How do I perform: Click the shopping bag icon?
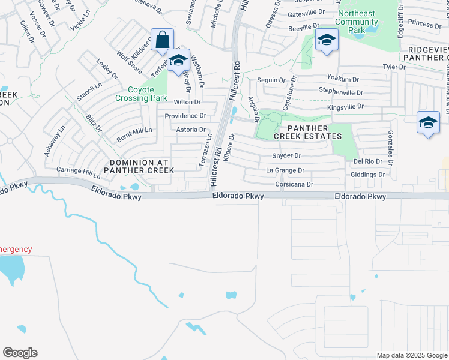click(162, 40)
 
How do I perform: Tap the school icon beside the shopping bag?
click(178, 61)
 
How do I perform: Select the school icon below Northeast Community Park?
click(327, 40)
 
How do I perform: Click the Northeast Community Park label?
click(357, 22)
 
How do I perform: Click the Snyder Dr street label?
click(286, 155)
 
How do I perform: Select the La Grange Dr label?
click(282, 170)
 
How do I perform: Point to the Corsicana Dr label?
click(294, 184)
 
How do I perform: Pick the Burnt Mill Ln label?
click(135, 130)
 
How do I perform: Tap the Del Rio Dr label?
click(368, 161)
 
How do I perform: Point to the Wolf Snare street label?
click(129, 60)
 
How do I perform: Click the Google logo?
click(20, 353)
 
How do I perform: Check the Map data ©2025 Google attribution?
click(412, 355)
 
